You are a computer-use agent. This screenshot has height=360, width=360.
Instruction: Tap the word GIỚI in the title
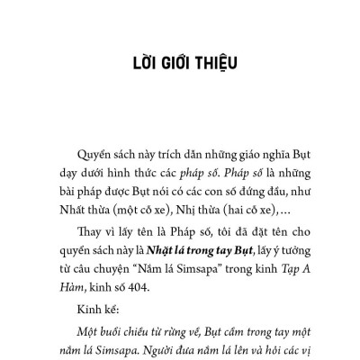click(x=176, y=67)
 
